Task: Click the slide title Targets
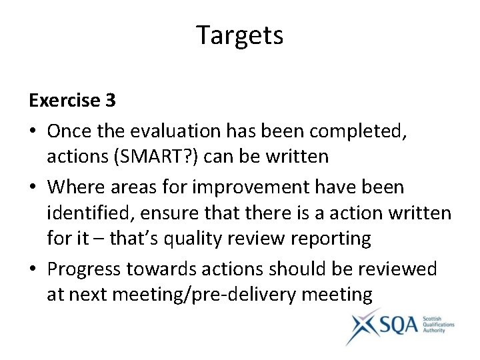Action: pyautogui.click(x=240, y=35)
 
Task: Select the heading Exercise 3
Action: pyautogui.click(x=72, y=101)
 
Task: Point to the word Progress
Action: pyautogui.click(x=89, y=269)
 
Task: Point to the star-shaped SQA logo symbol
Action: pyautogui.click(x=363, y=325)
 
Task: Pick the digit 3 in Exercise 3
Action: pyautogui.click(x=110, y=101)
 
